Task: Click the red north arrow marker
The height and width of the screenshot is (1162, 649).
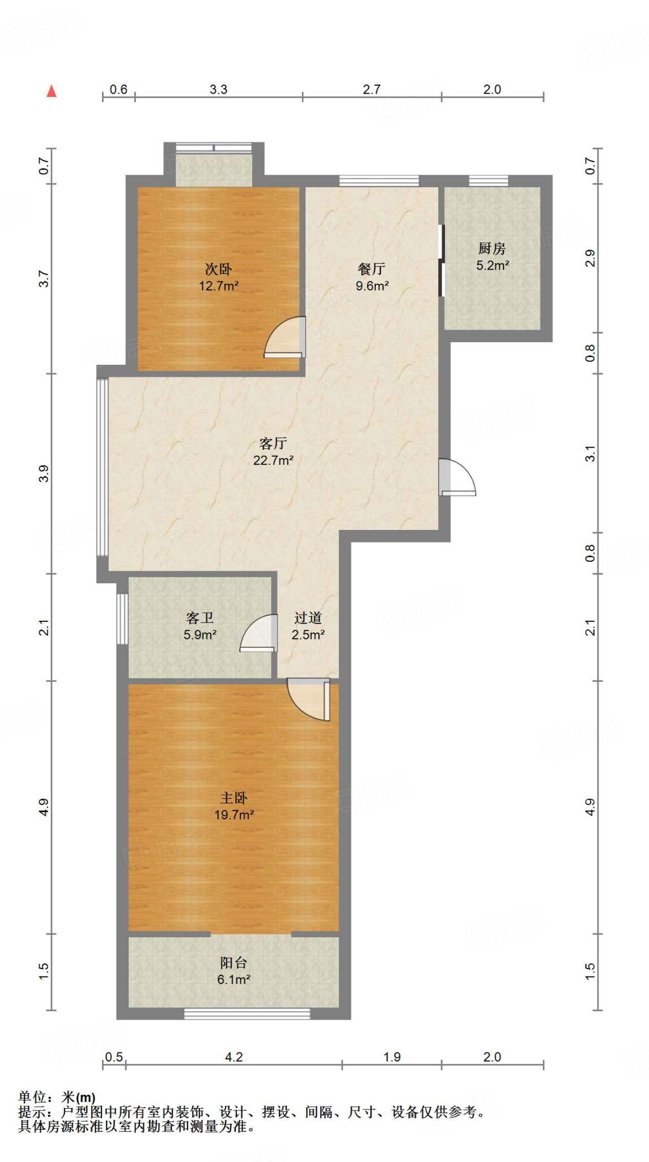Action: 52,91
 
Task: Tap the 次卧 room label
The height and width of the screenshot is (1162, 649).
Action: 219,269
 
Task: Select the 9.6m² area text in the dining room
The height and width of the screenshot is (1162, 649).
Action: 372,286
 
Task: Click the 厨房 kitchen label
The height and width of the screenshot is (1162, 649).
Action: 492,249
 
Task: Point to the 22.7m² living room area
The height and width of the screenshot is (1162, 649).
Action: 273,460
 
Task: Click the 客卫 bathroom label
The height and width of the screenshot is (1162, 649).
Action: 200,618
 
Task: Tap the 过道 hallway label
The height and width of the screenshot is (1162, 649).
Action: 308,618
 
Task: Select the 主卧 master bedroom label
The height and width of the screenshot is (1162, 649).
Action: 234,798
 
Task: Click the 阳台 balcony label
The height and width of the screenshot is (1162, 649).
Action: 234,963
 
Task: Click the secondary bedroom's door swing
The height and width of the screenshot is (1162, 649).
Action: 285,338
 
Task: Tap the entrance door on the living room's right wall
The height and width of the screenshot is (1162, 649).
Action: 457,477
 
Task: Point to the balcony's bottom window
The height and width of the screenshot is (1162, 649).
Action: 247,1013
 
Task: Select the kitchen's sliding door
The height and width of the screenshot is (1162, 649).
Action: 442,260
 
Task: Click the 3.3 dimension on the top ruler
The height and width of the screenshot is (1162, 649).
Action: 219,90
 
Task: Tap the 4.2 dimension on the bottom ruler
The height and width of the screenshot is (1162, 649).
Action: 234,1057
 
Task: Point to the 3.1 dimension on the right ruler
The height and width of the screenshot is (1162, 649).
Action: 590,454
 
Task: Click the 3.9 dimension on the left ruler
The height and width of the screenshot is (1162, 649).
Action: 44,473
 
